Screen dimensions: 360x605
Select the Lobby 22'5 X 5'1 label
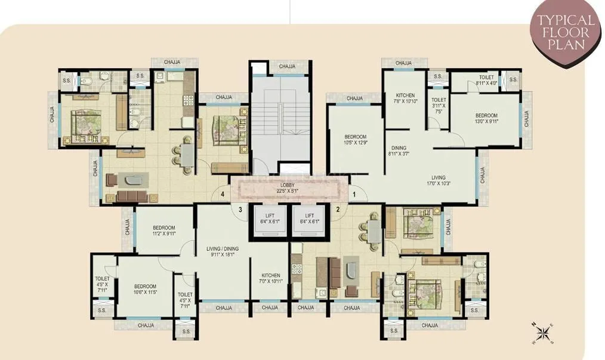point(288,189)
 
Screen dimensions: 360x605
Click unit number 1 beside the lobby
point(353,193)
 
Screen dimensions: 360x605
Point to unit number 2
point(337,209)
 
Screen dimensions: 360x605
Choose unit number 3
point(241,209)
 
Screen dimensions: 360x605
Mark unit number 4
point(222,193)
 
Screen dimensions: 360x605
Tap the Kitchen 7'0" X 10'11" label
point(269,278)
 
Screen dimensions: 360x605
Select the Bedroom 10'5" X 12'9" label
point(354,140)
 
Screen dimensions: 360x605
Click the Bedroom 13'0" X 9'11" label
point(486,119)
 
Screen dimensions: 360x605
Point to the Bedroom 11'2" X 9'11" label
point(163,230)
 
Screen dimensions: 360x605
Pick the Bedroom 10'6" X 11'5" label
point(145,290)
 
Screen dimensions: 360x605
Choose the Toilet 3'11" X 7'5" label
point(439,106)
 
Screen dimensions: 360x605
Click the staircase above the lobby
point(280,119)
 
